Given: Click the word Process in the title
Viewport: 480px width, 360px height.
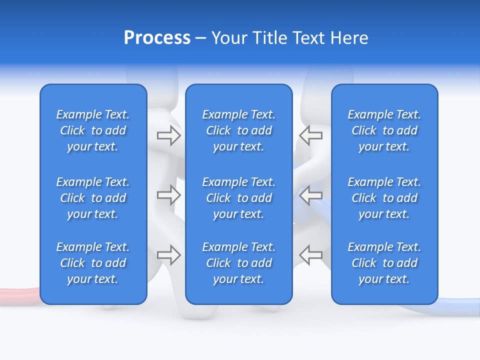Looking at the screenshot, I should tap(157, 38).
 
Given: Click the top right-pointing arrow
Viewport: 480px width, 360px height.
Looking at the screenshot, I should tap(168, 135).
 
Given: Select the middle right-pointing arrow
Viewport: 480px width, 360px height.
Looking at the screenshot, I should tap(168, 194).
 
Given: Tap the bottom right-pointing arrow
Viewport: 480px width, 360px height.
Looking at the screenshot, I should tap(168, 255).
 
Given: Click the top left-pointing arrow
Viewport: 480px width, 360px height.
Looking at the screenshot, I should tap(311, 135).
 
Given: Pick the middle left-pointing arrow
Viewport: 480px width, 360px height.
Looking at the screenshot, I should tap(311, 194).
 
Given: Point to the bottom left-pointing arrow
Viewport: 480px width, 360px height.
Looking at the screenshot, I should tap(311, 255).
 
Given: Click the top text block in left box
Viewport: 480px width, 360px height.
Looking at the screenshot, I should tap(93, 130).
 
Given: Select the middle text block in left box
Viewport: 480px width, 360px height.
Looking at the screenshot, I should tap(93, 198).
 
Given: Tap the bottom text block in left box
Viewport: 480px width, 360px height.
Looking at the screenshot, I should tap(93, 263).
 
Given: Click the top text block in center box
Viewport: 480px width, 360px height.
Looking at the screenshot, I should tap(238, 130).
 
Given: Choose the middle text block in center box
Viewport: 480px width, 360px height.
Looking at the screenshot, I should tap(238, 198).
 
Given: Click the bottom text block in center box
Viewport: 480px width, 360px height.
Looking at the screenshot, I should tap(238, 263).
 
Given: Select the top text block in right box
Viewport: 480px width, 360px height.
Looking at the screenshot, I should tap(384, 130).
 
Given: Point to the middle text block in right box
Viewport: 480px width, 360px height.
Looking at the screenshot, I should tap(384, 198).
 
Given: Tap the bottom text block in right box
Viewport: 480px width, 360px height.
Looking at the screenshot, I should tap(384, 263).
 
